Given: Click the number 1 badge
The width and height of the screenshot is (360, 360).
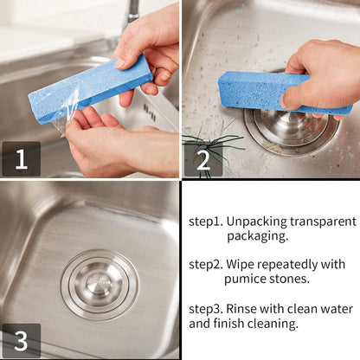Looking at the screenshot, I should pyautogui.click(x=21, y=159).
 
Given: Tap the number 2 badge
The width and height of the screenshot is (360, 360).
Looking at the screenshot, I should pyautogui.click(x=202, y=159).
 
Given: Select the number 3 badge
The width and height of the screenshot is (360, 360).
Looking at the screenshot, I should pyautogui.click(x=21, y=340).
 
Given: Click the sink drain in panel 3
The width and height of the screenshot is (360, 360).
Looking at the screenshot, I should pyautogui.click(x=100, y=285).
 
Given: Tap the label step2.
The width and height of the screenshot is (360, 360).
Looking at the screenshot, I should pyautogui.click(x=207, y=264).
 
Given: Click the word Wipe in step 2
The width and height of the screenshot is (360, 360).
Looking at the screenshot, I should pyautogui.click(x=244, y=264).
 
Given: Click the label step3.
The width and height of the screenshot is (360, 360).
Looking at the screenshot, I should pyautogui.click(x=207, y=309).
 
